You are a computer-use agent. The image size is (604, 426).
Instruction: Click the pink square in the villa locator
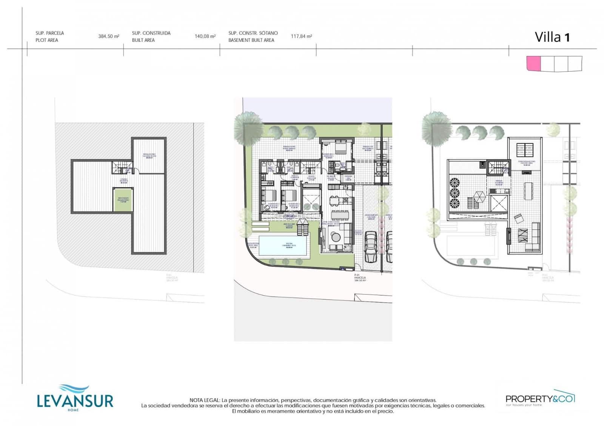pos(533,63)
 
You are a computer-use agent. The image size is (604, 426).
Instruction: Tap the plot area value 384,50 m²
pos(109,37)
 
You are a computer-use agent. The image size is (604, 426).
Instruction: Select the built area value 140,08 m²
pos(205,37)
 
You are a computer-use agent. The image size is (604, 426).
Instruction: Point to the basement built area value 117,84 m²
pos(301,37)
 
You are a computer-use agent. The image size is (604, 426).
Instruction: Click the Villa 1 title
pos(552,37)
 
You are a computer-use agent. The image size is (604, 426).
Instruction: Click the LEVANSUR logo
pos(75,399)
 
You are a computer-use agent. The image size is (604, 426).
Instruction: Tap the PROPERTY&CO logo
pos(540,398)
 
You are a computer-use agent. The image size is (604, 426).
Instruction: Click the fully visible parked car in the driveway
pos(371,247)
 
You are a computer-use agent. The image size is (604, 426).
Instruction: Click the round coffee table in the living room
pos(336,237)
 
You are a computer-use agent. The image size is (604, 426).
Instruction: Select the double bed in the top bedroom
pos(342,147)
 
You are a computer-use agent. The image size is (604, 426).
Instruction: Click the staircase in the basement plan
pos(122,167)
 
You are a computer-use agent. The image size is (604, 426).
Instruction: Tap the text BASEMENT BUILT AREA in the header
pos(251,40)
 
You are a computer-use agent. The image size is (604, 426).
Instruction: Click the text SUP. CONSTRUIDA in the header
pos(151,33)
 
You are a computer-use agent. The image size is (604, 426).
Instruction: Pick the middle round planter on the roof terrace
pos(454,193)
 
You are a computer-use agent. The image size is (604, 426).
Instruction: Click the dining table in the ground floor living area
pos(339,215)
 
